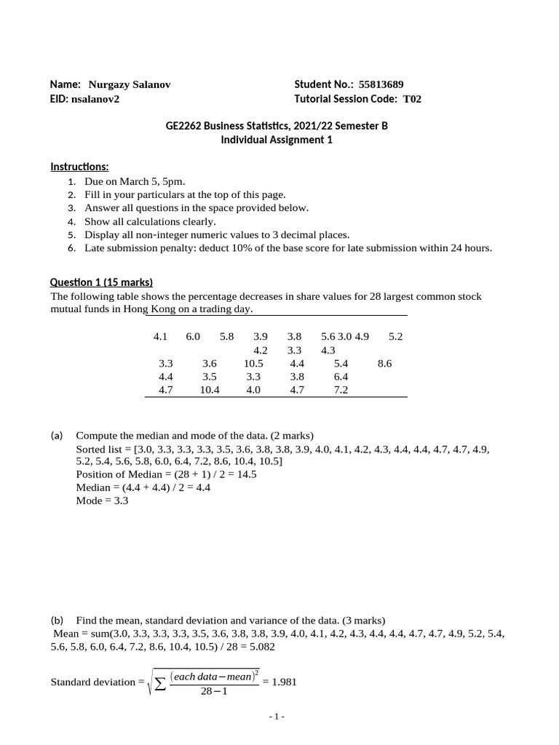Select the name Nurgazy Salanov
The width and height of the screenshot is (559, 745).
129,84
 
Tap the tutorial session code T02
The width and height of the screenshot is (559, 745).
412,99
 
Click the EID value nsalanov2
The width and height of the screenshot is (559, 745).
95,99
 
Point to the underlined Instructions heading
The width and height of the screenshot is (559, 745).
79,167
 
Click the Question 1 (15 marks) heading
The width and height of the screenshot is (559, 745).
101,282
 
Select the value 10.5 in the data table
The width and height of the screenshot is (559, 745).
253,363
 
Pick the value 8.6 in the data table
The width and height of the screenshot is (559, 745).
385,363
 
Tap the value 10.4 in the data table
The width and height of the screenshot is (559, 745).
210,389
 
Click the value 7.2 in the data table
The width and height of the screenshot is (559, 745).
341,389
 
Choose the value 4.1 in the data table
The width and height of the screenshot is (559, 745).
161,337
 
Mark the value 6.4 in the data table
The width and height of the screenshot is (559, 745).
341,376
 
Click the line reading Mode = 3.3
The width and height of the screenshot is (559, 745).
102,501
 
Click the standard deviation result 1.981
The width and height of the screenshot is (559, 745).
284,682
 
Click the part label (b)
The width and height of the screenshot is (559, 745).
58,620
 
